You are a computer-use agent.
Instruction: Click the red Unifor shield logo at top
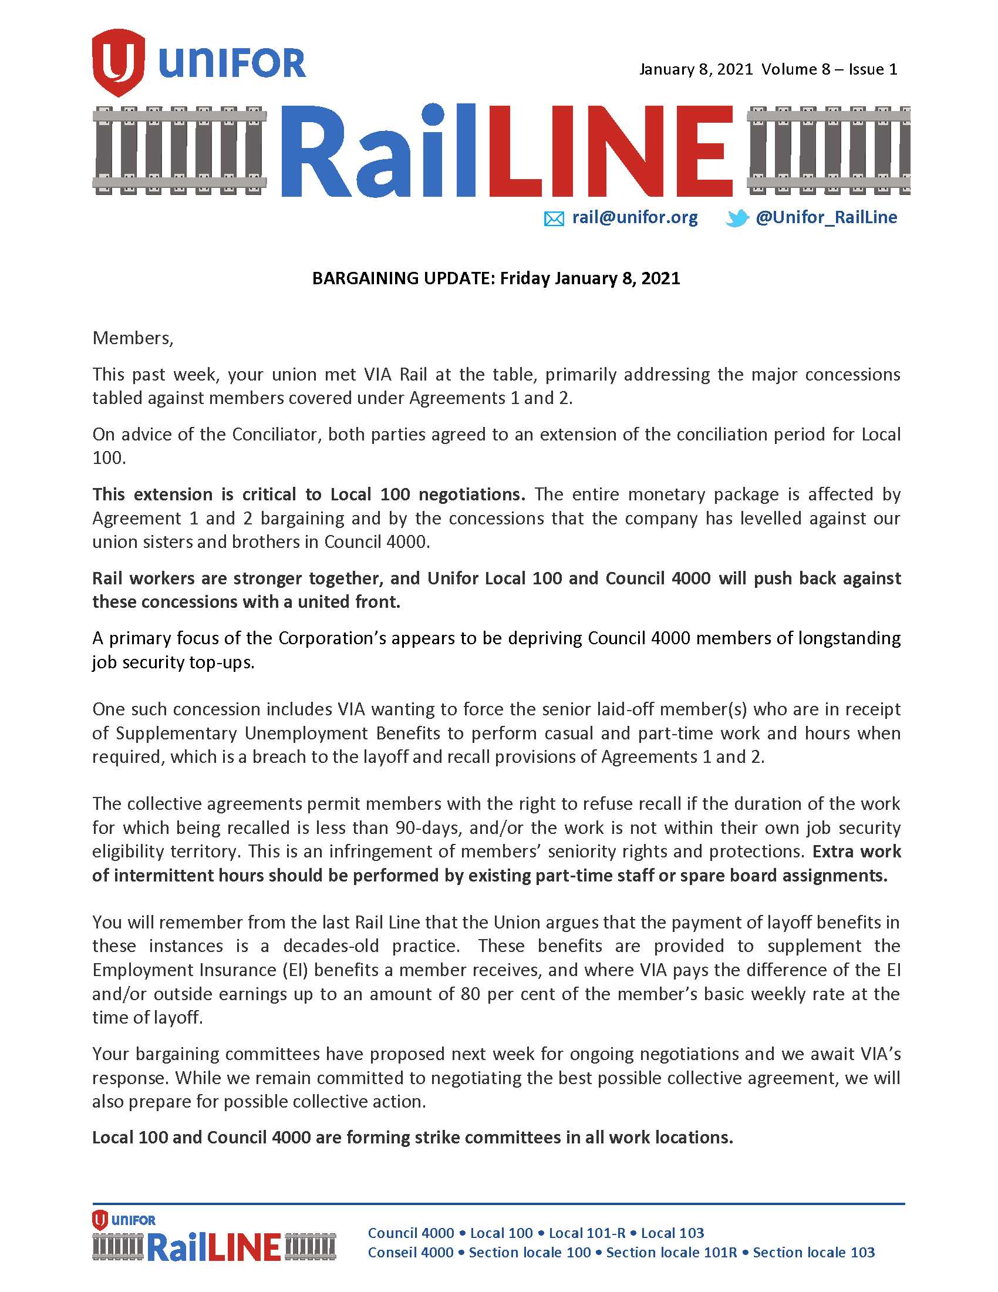coord(118,63)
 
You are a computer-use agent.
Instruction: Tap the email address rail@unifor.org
coord(635,218)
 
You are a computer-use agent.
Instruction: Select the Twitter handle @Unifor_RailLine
coord(826,218)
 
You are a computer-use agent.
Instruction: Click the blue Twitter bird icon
coord(737,219)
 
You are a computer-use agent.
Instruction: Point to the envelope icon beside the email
coord(554,220)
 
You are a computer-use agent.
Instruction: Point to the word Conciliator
coord(275,434)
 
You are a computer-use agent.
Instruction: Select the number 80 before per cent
coord(470,994)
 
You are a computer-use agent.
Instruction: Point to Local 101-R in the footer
coord(586,1233)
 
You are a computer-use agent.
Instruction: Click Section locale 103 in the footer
coord(814,1253)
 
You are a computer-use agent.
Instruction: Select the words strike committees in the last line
coord(453,1137)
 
